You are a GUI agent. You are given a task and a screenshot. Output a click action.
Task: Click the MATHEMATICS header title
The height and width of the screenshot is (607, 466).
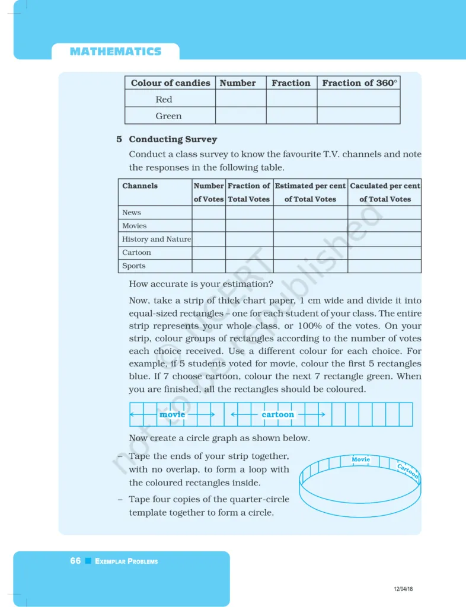point(115,52)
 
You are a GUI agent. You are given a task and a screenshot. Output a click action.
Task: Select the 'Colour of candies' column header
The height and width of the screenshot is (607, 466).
point(170,83)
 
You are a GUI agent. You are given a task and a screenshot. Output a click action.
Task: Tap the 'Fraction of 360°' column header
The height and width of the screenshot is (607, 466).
point(359,83)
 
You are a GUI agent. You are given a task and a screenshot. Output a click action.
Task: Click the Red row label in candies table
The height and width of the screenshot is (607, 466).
point(164,100)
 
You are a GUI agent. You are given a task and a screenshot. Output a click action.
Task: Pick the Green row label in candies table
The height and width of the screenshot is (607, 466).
point(168,116)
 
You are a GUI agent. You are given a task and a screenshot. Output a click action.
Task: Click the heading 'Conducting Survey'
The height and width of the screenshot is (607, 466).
point(173,139)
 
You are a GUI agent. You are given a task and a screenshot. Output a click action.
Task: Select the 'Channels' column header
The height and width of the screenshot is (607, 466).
point(140,186)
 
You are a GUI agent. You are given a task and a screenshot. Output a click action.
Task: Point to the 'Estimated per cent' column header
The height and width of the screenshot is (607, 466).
point(310,186)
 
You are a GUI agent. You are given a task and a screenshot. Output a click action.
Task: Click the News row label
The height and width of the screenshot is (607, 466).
point(132,213)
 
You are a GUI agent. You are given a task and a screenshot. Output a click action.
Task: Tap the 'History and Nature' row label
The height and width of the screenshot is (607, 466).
point(157,239)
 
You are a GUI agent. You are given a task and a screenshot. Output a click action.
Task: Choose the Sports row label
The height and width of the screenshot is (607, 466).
point(133,266)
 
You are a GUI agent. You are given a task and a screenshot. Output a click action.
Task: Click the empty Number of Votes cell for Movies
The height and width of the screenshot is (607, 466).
point(209,226)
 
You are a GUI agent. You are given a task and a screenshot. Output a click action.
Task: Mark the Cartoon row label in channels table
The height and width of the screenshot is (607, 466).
point(136,253)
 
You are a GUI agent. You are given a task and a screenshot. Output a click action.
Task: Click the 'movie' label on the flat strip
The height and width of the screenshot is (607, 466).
point(173,414)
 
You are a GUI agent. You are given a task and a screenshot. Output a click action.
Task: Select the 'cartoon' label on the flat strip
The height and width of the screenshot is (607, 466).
point(277,414)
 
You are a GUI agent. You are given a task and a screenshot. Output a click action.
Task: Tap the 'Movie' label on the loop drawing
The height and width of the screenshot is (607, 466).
point(360,459)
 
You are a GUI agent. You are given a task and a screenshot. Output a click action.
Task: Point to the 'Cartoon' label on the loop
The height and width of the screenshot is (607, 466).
point(408,470)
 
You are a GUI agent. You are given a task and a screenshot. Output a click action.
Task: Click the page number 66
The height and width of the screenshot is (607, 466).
point(75,561)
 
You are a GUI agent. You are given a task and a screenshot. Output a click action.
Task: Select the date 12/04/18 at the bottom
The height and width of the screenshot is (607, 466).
point(403,589)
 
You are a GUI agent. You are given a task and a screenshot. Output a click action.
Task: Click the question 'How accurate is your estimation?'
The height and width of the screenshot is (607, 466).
point(201,284)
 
